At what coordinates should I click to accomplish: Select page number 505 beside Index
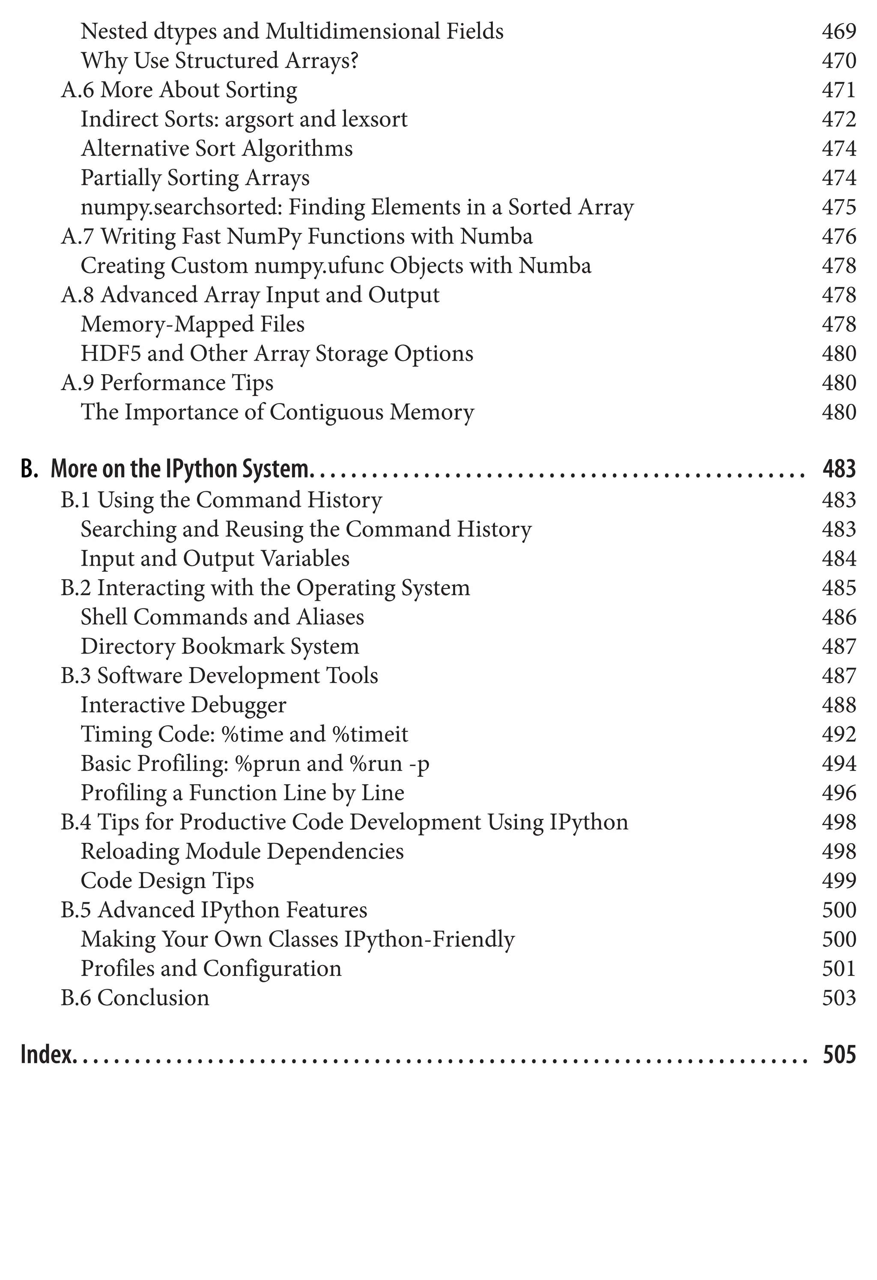pyautogui.click(x=839, y=1054)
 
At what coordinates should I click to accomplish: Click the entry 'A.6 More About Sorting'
pyautogui.click(x=179, y=90)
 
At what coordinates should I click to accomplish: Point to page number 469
pyautogui.click(x=839, y=31)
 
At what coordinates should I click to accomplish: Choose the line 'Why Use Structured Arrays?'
pyautogui.click(x=219, y=60)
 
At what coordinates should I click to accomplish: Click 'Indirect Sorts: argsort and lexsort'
pyautogui.click(x=244, y=119)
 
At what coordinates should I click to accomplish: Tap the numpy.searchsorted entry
pyautogui.click(x=357, y=207)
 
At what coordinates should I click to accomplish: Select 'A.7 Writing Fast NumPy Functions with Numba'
pyautogui.click(x=297, y=236)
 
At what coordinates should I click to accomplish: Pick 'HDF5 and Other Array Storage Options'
pyautogui.click(x=277, y=354)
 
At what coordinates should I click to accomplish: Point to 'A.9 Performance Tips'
pyautogui.click(x=167, y=383)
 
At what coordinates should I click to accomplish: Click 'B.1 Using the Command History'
pyautogui.click(x=221, y=500)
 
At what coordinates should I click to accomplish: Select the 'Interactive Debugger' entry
pyautogui.click(x=183, y=705)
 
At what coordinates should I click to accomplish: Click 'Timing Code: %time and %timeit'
pyautogui.click(x=244, y=734)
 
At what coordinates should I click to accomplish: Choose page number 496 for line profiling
pyautogui.click(x=839, y=793)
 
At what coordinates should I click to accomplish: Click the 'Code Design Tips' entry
pyautogui.click(x=167, y=881)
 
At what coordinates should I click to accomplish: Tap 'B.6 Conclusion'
pyautogui.click(x=135, y=998)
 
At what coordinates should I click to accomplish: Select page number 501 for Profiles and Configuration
pyautogui.click(x=839, y=969)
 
